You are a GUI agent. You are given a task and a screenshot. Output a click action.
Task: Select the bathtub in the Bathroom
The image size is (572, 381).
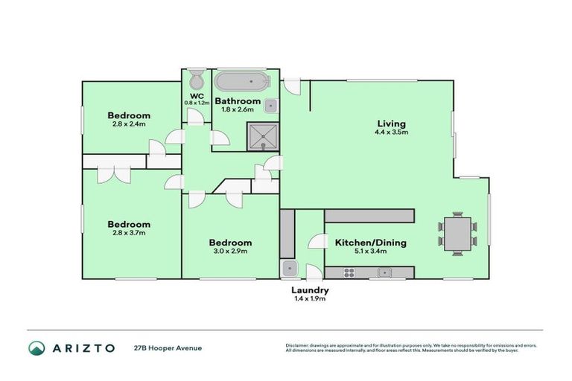tap(239, 80)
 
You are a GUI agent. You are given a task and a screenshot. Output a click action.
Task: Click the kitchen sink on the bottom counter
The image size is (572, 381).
tap(384, 272)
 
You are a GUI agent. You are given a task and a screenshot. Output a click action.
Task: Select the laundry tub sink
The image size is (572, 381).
tap(288, 269)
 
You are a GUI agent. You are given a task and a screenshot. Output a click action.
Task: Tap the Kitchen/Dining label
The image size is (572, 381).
tap(365, 243)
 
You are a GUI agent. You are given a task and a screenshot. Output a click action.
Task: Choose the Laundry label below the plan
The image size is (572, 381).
tap(311, 290)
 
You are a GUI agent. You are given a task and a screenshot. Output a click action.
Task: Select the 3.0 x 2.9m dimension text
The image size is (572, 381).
tap(229, 252)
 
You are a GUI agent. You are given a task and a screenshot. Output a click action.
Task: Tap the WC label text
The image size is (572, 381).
tap(197, 96)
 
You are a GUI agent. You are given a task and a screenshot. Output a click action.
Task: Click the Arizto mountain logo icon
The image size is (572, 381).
tap(36, 348)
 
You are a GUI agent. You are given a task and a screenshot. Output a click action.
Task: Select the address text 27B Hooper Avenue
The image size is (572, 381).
tap(168, 348)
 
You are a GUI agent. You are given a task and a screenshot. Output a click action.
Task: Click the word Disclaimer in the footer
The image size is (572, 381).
tap(299, 345)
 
